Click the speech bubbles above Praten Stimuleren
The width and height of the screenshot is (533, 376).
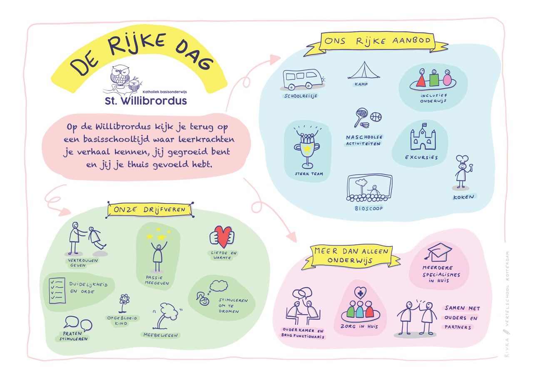click(x=78, y=323)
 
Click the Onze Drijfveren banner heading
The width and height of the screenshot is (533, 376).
click(x=150, y=210)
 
